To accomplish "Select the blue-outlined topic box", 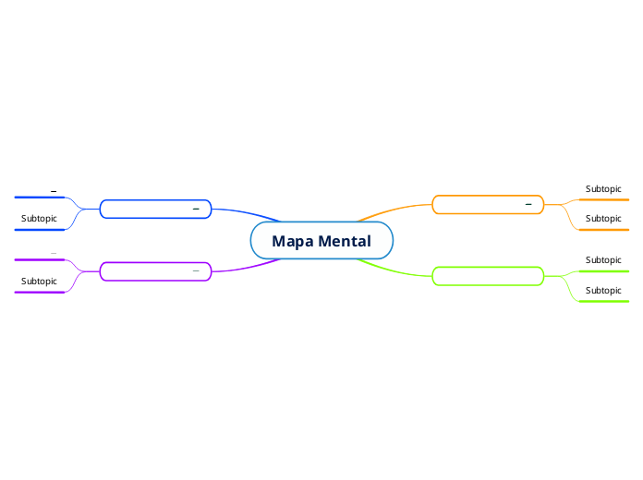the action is click(148, 210).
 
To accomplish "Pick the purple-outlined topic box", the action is click(148, 271).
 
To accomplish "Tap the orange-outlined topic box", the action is click(480, 205).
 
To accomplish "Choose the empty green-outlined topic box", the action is click(488, 275).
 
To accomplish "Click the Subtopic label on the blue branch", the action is click(39, 219).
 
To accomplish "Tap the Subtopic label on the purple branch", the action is click(39, 281).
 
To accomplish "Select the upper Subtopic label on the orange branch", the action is click(603, 189).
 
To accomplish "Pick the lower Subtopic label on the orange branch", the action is click(603, 219).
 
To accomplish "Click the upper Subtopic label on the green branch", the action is click(603, 260).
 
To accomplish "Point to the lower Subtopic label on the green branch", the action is click(603, 291).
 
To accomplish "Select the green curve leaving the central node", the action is click(393, 270).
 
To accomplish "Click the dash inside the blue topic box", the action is click(196, 210).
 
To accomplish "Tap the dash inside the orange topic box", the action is click(528, 204).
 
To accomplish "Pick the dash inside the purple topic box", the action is click(196, 270).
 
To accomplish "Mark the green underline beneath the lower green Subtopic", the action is click(603, 301).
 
